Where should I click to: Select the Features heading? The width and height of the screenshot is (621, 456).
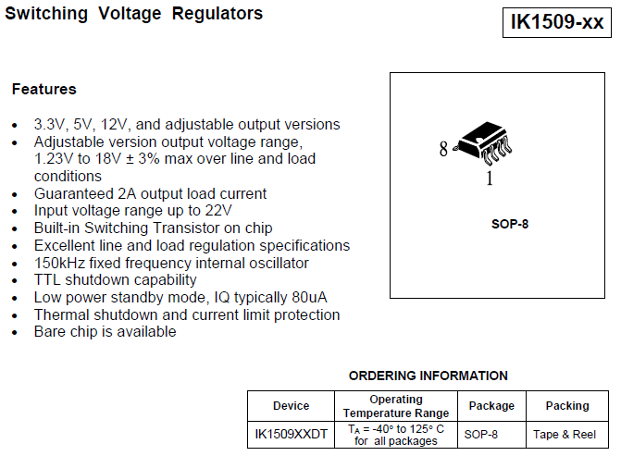click(x=43, y=90)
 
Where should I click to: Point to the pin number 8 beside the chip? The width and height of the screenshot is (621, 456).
click(x=443, y=149)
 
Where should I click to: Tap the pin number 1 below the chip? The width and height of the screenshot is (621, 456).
click(x=490, y=179)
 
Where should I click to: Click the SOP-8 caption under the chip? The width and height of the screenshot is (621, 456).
click(x=510, y=224)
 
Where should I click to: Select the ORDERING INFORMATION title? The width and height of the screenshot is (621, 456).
click(x=428, y=376)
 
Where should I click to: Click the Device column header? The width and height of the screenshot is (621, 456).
click(x=291, y=406)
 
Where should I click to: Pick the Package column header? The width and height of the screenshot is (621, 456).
click(x=491, y=406)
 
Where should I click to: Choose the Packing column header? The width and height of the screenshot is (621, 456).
click(x=567, y=406)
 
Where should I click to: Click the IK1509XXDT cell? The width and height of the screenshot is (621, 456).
click(x=291, y=434)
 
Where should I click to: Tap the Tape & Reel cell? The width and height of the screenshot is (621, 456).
click(x=565, y=434)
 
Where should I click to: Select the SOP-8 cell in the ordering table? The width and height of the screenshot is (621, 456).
click(x=481, y=434)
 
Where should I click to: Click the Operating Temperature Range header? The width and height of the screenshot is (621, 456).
click(x=396, y=406)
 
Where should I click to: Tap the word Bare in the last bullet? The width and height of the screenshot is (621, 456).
click(x=50, y=332)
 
